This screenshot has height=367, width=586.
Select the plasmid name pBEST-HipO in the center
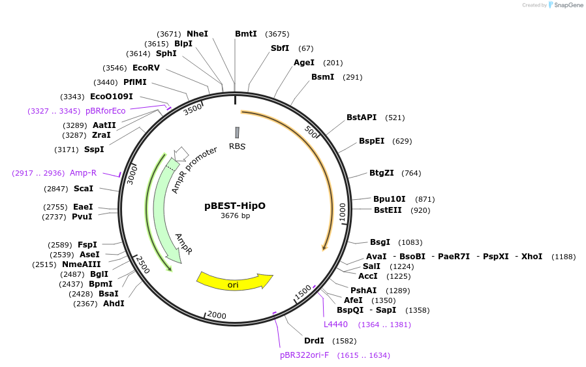tap(235, 205)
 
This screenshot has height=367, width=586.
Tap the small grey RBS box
tap(237, 132)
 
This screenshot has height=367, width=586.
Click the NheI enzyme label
tap(197, 33)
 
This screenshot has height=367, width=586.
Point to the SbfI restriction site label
tap(280, 48)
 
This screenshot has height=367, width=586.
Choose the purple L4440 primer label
tap(336, 324)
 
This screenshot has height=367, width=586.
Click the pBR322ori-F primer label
tap(304, 355)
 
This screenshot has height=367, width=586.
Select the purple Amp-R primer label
tap(83, 172)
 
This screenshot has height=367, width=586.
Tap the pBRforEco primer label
tap(105, 111)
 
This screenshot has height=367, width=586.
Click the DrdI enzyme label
tap(314, 340)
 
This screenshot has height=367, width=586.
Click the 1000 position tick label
tap(342, 212)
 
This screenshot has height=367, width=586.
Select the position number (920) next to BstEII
tap(420, 210)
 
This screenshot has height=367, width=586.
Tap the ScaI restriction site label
tap(83, 188)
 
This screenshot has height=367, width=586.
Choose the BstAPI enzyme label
tap(362, 118)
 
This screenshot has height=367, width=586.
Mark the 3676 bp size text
tap(235, 215)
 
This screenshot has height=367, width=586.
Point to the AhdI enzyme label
tap(114, 303)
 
